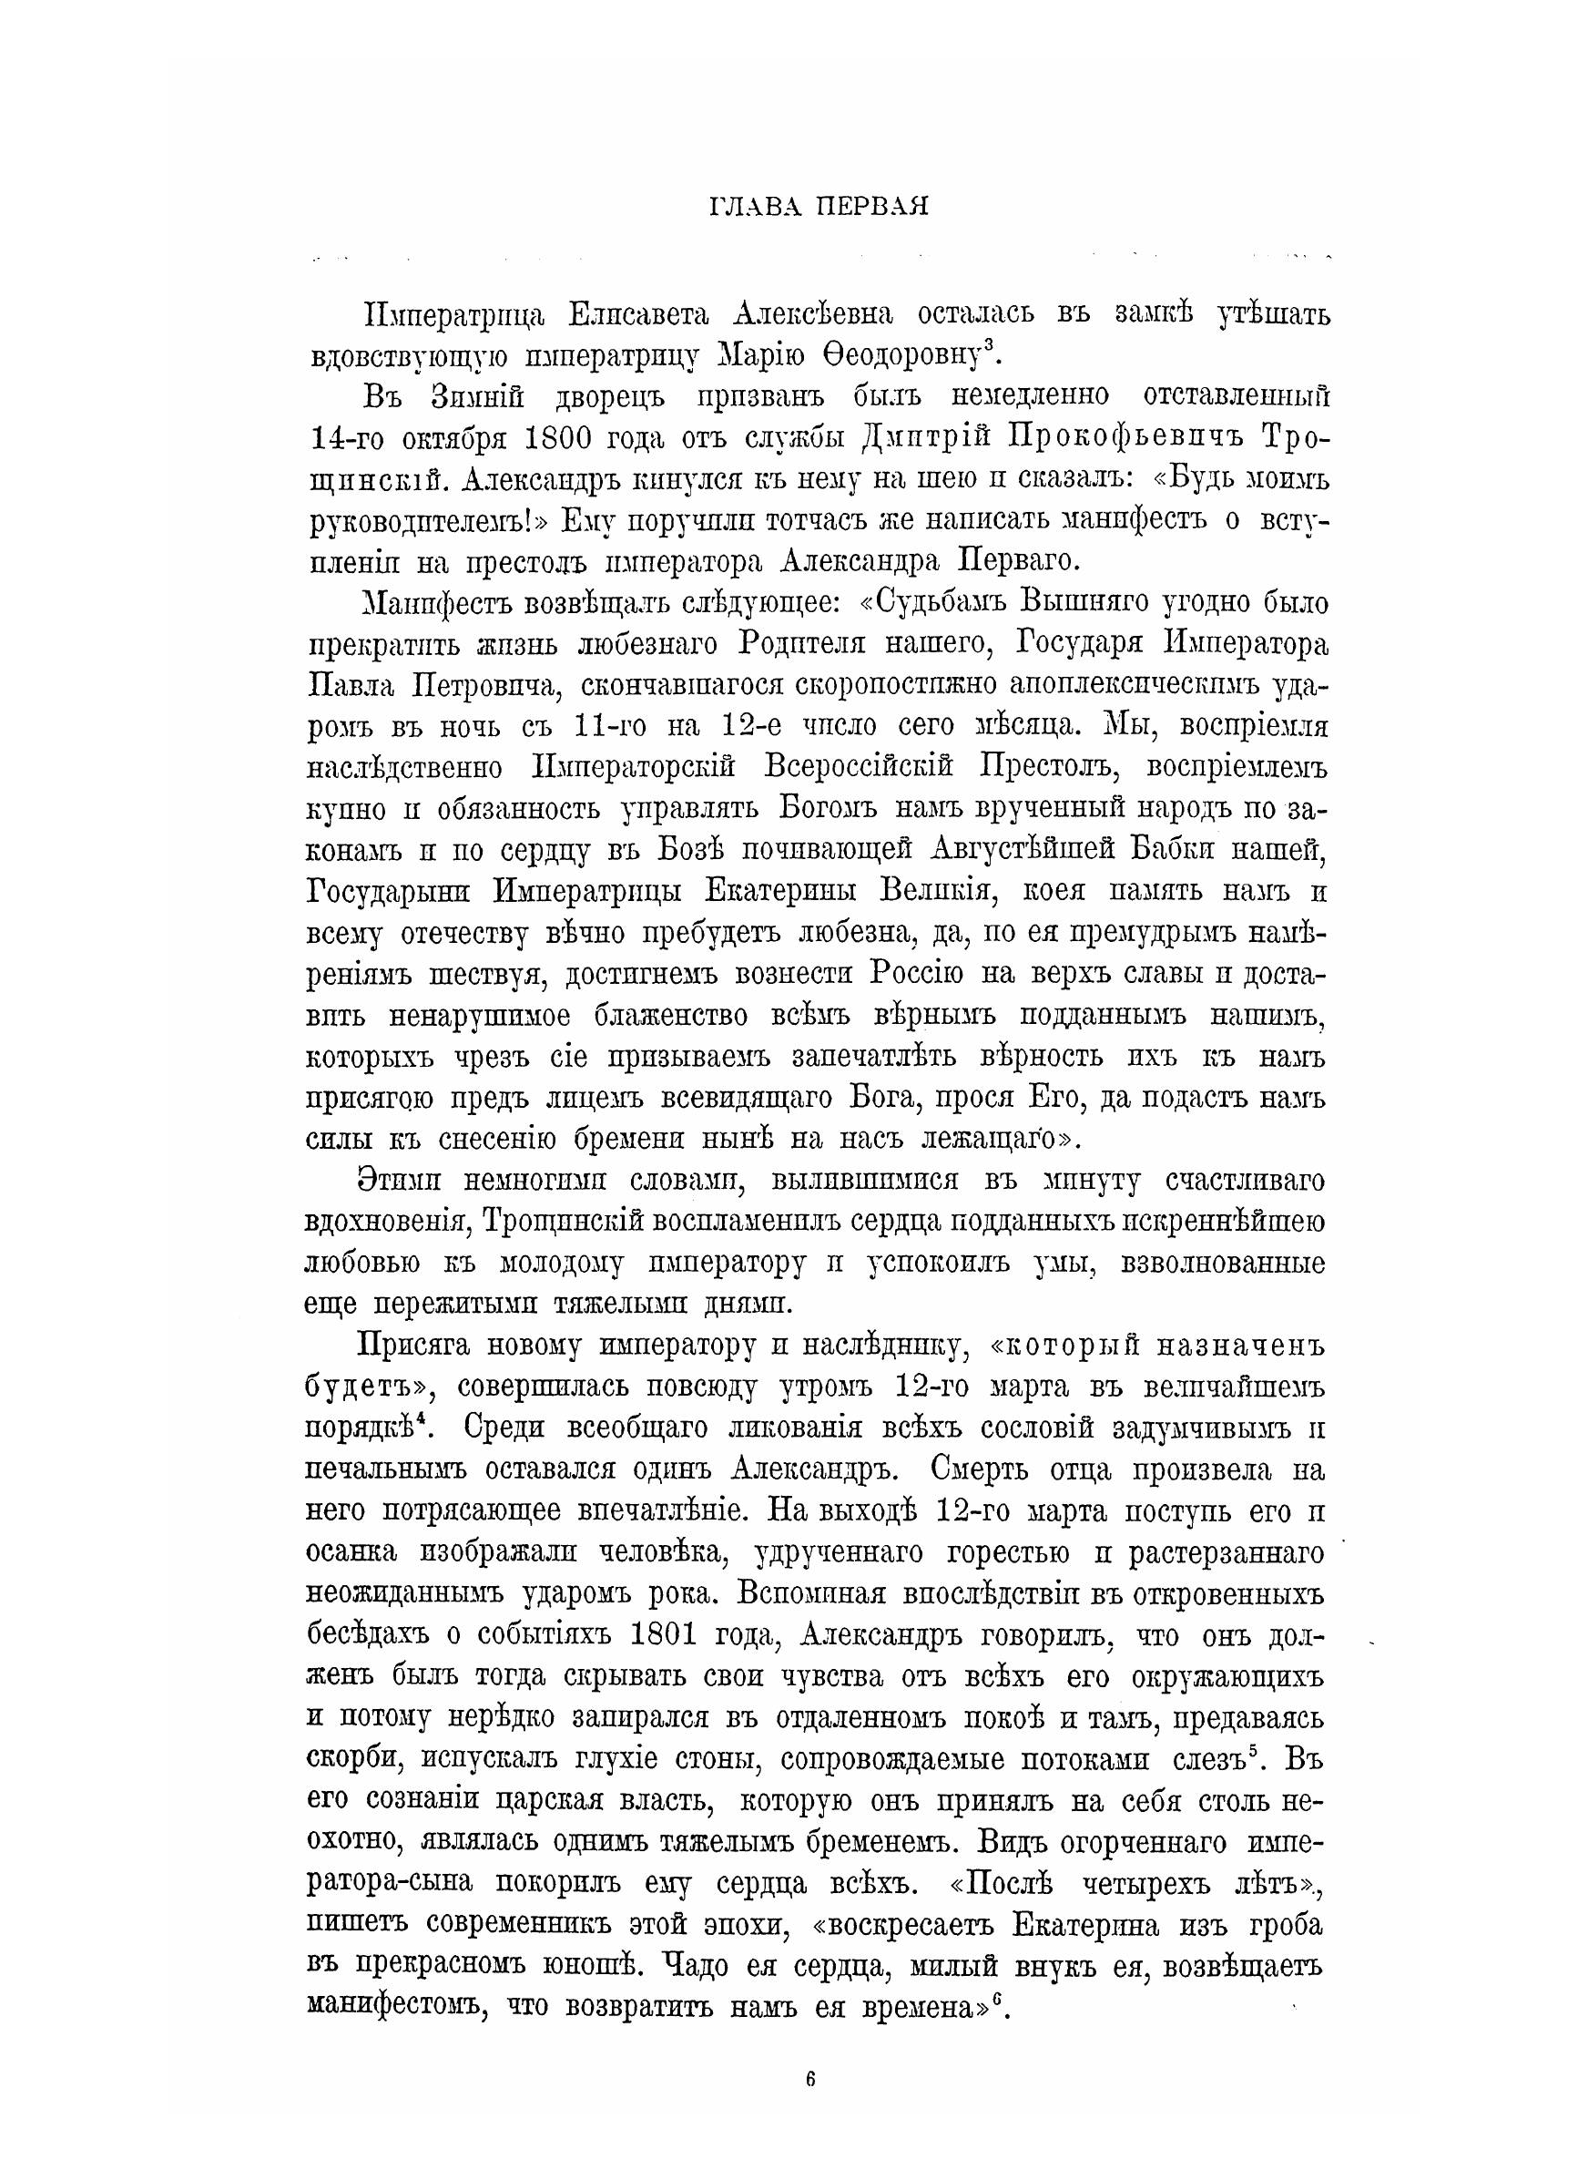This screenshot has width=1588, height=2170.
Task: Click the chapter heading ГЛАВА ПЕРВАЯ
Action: pos(818,207)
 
